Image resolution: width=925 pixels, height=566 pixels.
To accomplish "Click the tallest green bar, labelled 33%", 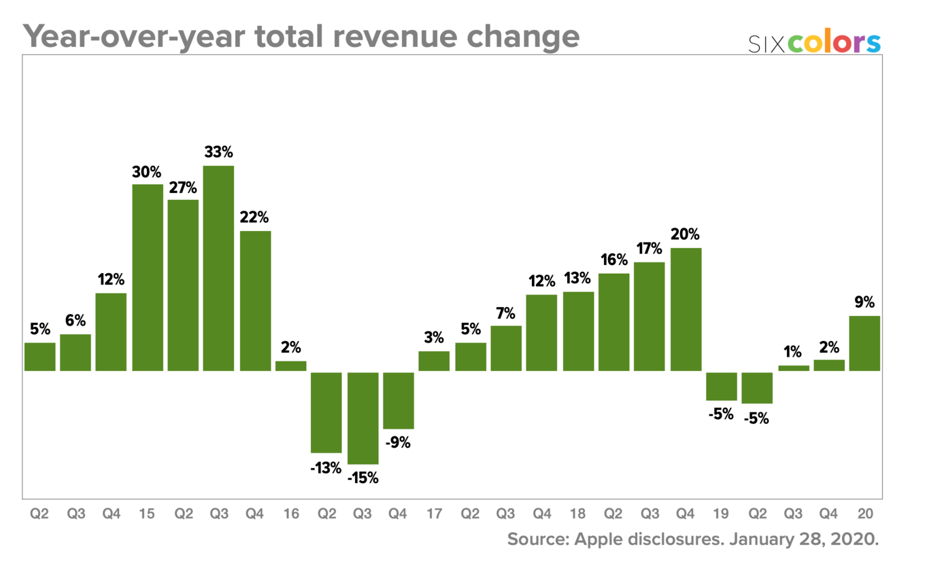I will point(218,268).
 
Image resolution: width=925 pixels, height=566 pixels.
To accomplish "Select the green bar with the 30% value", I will point(148,277).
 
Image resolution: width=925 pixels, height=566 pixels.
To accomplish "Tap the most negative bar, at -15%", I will point(363,418).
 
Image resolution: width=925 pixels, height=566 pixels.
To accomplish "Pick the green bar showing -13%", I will point(326,412).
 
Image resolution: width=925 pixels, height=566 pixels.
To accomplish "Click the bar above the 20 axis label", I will point(864,343).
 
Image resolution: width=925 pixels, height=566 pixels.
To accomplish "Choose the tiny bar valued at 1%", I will point(794,368).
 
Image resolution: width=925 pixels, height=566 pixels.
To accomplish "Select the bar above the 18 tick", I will point(578,331).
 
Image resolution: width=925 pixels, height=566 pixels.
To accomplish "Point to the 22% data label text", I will point(254,218).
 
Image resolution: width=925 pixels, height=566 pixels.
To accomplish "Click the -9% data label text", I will point(398,443).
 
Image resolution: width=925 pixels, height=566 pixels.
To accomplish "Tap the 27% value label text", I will point(183,187).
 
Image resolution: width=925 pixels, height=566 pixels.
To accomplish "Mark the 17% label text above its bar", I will point(648,249).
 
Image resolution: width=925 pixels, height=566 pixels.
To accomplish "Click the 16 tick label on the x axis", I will point(290,514).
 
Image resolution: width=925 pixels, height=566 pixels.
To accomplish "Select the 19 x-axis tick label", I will point(721,514).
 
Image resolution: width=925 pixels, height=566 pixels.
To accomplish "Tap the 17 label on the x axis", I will point(434,514).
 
